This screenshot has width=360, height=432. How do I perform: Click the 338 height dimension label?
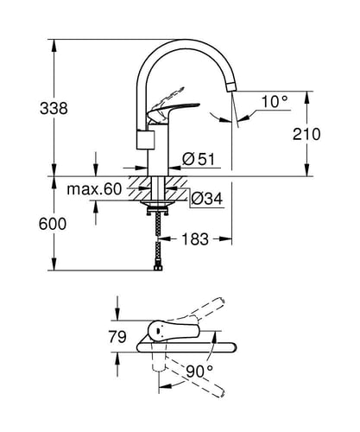54,109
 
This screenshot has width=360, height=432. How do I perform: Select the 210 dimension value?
306,134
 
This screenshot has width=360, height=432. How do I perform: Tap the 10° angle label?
275,101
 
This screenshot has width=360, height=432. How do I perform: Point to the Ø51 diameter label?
199,159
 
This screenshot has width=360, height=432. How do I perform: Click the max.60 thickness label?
94,189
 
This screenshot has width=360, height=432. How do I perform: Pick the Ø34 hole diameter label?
206,199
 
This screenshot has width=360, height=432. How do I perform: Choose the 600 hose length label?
53,224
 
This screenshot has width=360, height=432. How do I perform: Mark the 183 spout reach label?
195,239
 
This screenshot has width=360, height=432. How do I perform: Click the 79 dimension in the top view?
117,336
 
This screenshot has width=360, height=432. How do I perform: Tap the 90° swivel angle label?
199,372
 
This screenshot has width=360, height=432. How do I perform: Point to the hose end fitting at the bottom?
158,269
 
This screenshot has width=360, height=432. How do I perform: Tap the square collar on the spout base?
145,140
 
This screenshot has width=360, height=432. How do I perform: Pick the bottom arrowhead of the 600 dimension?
54,264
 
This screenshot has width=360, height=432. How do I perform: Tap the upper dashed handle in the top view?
199,311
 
